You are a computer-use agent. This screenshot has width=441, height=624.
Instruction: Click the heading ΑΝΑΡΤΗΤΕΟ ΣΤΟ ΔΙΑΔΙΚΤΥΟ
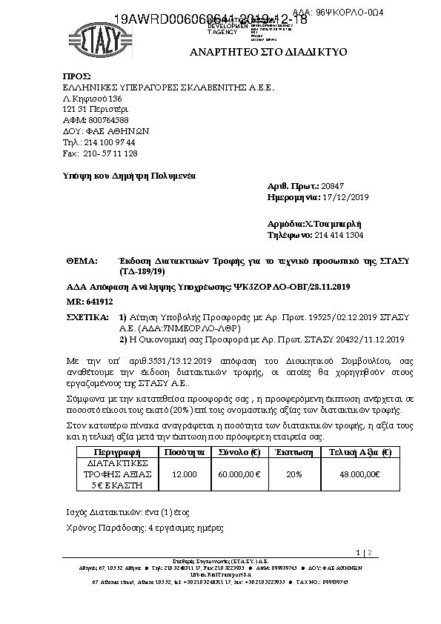click(268, 53)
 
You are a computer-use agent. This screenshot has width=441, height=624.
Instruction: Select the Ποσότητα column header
click(185, 452)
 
